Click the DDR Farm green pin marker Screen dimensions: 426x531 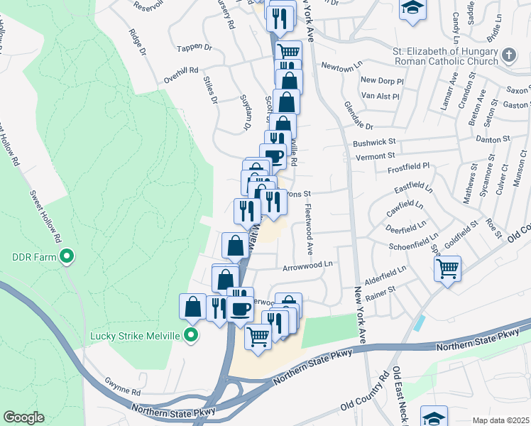tap(67, 256)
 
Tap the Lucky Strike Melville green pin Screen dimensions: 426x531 tap(190, 334)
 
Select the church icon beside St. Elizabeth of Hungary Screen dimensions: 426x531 tap(508, 55)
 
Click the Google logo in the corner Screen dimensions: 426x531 tap(23, 417)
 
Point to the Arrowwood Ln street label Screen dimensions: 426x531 tap(308, 264)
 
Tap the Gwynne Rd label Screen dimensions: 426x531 tap(123, 391)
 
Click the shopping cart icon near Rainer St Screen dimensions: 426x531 tap(447, 269)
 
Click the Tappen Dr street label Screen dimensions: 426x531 tap(198, 48)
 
